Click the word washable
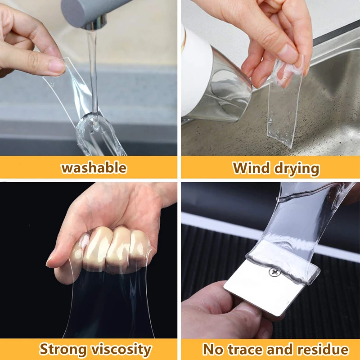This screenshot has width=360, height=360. (x=94, y=168)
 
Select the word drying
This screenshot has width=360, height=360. (x=295, y=169)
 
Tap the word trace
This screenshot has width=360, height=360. (x=243, y=349)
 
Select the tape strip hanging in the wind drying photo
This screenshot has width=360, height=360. (x=283, y=108)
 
